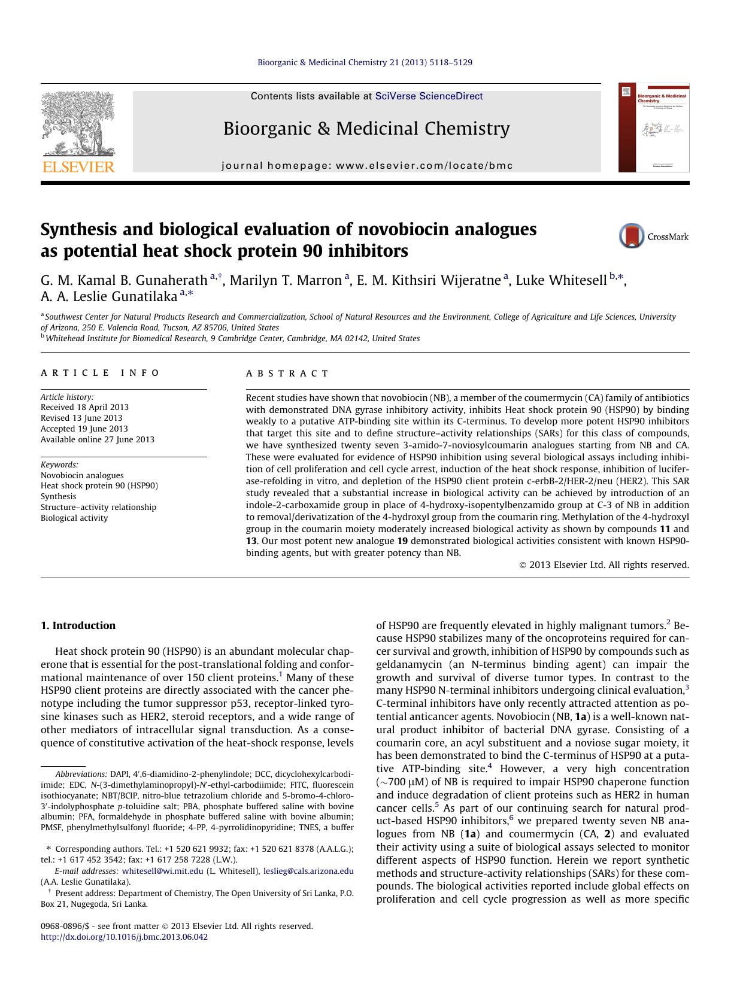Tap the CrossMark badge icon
pos(632,236)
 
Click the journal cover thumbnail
pos(654,127)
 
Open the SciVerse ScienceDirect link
pos(429,96)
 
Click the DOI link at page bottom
pos(124,937)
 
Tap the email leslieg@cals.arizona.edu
pos(308,871)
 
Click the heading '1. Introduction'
pos(78,625)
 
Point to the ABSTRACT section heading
pos(287,373)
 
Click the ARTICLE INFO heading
pos(100,373)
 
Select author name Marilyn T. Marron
pos(286,280)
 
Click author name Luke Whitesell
pos(561,280)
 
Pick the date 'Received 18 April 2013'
pos(84,407)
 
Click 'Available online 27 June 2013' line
pos(97,439)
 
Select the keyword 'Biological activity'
pos(74,518)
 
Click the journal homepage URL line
pos(367,165)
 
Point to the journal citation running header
pos(365,62)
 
